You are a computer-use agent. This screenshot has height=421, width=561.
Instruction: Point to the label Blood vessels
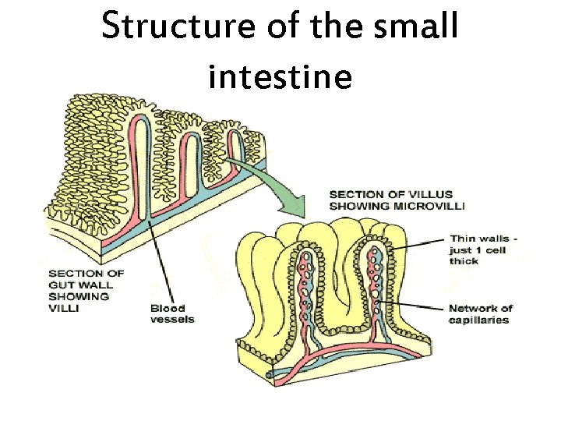pyautogui.click(x=172, y=313)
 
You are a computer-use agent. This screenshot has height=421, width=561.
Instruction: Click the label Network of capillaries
pyautogui.click(x=481, y=313)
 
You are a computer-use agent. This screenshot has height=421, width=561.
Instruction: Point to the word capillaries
pyautogui.click(x=478, y=320)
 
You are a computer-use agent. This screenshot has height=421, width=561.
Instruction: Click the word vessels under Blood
pyautogui.click(x=172, y=320)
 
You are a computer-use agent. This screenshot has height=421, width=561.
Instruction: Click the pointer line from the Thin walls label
pyautogui.click(x=417, y=244)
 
